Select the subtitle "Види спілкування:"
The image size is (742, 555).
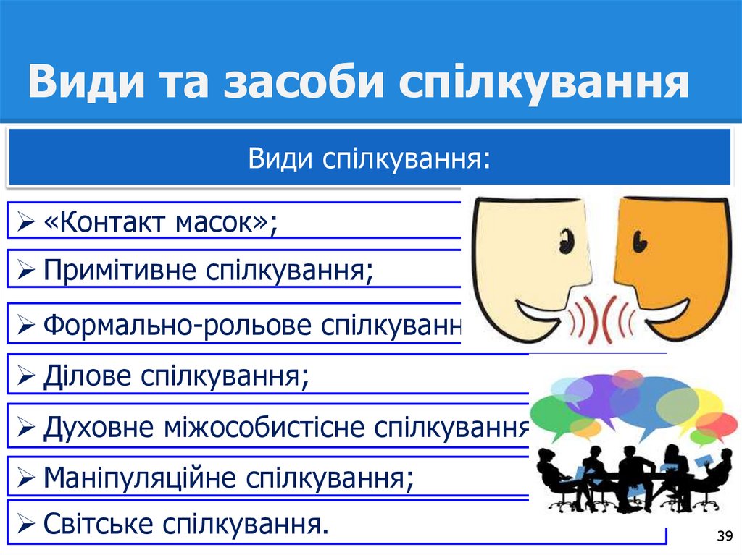(369, 157)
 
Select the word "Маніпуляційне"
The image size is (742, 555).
(140, 477)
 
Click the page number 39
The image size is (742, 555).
(723, 536)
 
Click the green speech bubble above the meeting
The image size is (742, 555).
(554, 413)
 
